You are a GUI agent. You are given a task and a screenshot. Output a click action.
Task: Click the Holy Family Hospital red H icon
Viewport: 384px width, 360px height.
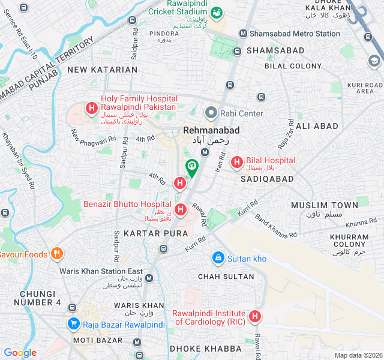(x=92, y=108)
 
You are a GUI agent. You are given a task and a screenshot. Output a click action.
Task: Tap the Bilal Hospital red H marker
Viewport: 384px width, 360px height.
(x=236, y=161)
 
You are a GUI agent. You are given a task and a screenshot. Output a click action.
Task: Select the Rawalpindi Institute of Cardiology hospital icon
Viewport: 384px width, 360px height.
(x=255, y=316)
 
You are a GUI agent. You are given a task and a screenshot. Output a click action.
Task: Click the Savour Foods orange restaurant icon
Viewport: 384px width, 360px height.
(x=57, y=254)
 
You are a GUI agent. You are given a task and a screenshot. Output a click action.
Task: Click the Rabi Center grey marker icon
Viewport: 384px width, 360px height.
(x=211, y=113)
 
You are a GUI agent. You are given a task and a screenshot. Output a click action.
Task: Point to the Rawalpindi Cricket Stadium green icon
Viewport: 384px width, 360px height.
(x=217, y=11)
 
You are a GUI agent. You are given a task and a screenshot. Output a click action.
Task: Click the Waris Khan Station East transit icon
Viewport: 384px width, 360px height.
(x=149, y=279)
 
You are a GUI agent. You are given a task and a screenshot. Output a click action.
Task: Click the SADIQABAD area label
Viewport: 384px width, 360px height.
(x=268, y=179)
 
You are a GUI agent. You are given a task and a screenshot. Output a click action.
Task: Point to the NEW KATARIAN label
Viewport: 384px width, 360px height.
(x=102, y=70)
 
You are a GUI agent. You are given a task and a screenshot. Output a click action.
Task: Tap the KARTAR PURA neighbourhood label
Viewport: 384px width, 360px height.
(x=150, y=232)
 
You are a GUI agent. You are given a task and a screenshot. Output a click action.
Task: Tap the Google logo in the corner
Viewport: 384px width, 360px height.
(x=20, y=353)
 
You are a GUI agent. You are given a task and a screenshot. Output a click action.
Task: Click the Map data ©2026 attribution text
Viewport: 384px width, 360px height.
(x=358, y=355)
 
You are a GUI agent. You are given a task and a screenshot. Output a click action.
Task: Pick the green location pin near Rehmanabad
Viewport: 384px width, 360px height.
(x=192, y=167)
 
